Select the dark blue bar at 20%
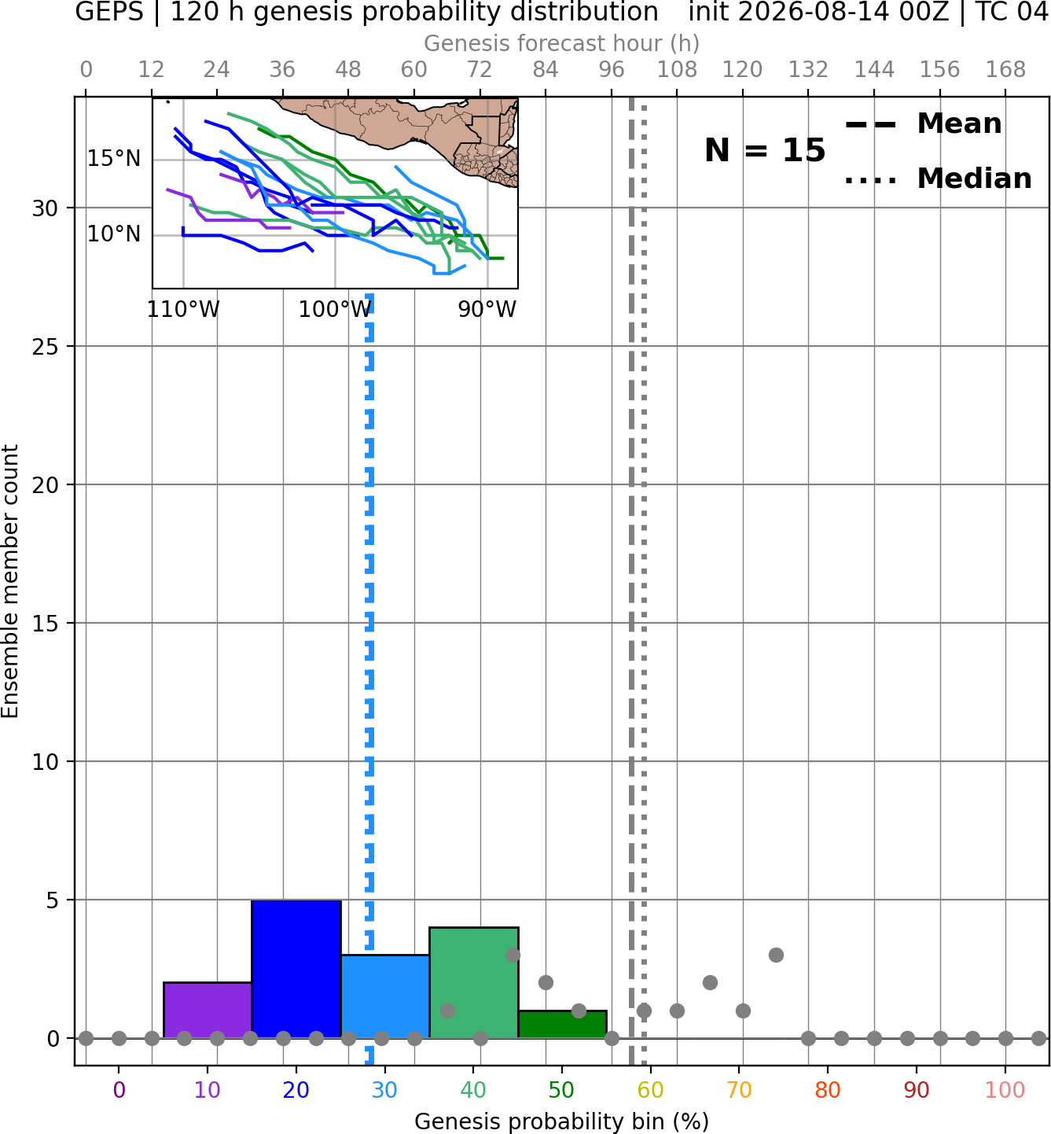click(x=296, y=969)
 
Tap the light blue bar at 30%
click(x=384, y=996)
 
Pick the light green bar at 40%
click(x=474, y=983)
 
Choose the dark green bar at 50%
click(x=562, y=1025)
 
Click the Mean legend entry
click(x=923, y=124)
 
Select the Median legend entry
click(x=938, y=179)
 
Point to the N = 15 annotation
click(x=765, y=150)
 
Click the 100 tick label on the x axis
click(x=1005, y=1090)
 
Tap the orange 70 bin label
click(x=739, y=1090)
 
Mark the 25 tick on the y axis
click(x=45, y=347)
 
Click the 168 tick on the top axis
click(x=1005, y=70)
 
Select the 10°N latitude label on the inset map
click(x=114, y=234)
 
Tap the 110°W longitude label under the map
click(x=183, y=310)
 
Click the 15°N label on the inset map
click(x=114, y=158)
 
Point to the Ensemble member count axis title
click(x=9, y=581)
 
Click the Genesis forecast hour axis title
click(x=562, y=43)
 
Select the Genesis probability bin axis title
click(x=562, y=1121)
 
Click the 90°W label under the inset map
click(x=487, y=310)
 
